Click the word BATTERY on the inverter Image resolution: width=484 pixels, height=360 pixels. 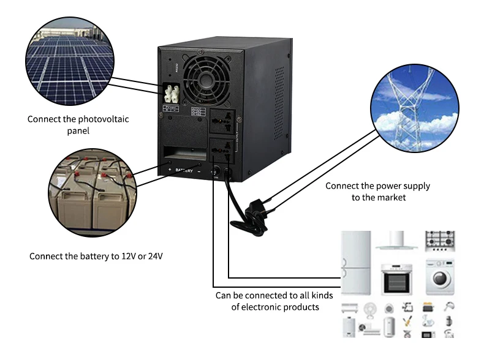pos(184,170)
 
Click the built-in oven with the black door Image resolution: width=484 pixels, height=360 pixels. pos(396,279)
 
